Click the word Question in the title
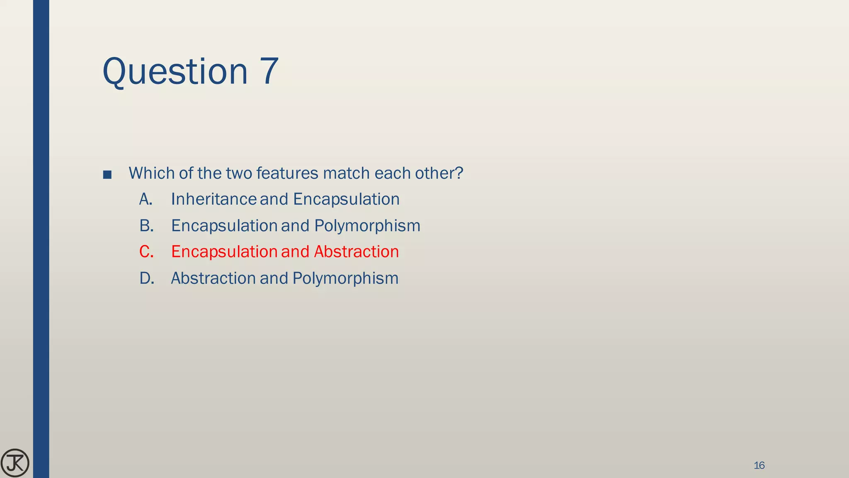click(175, 71)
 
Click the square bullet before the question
click(107, 174)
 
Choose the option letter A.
click(146, 199)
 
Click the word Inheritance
click(213, 199)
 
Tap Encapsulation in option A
click(346, 199)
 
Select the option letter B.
click(146, 226)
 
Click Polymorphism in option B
click(367, 226)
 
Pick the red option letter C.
click(146, 252)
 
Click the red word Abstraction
click(356, 252)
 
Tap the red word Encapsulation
click(224, 252)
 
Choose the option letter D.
click(146, 278)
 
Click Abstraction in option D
click(213, 278)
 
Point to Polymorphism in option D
click(345, 278)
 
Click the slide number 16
click(759, 466)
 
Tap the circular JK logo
click(15, 463)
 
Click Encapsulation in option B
click(224, 226)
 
